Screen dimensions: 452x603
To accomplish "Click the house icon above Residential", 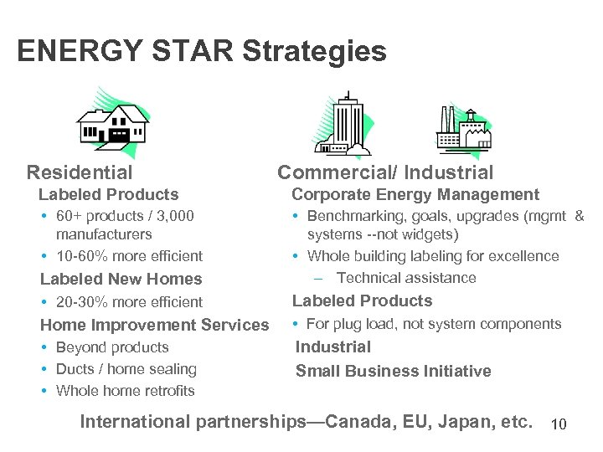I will (112, 121).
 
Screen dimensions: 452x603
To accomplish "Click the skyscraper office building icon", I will (346, 123).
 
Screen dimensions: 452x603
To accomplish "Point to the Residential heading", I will (80, 172).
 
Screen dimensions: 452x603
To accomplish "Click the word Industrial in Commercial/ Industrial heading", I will (449, 172).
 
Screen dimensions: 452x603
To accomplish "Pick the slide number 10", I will (559, 425).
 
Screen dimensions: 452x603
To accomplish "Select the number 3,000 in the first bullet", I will (173, 216).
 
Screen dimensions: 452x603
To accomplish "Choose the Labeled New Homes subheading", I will (121, 279).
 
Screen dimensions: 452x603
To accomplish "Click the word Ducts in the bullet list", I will (75, 369).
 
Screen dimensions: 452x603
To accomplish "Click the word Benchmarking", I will (353, 216).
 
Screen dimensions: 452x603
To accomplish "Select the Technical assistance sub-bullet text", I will (406, 278).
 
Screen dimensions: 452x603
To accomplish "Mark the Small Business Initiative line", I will (394, 371).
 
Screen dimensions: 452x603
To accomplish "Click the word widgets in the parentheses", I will (427, 235).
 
